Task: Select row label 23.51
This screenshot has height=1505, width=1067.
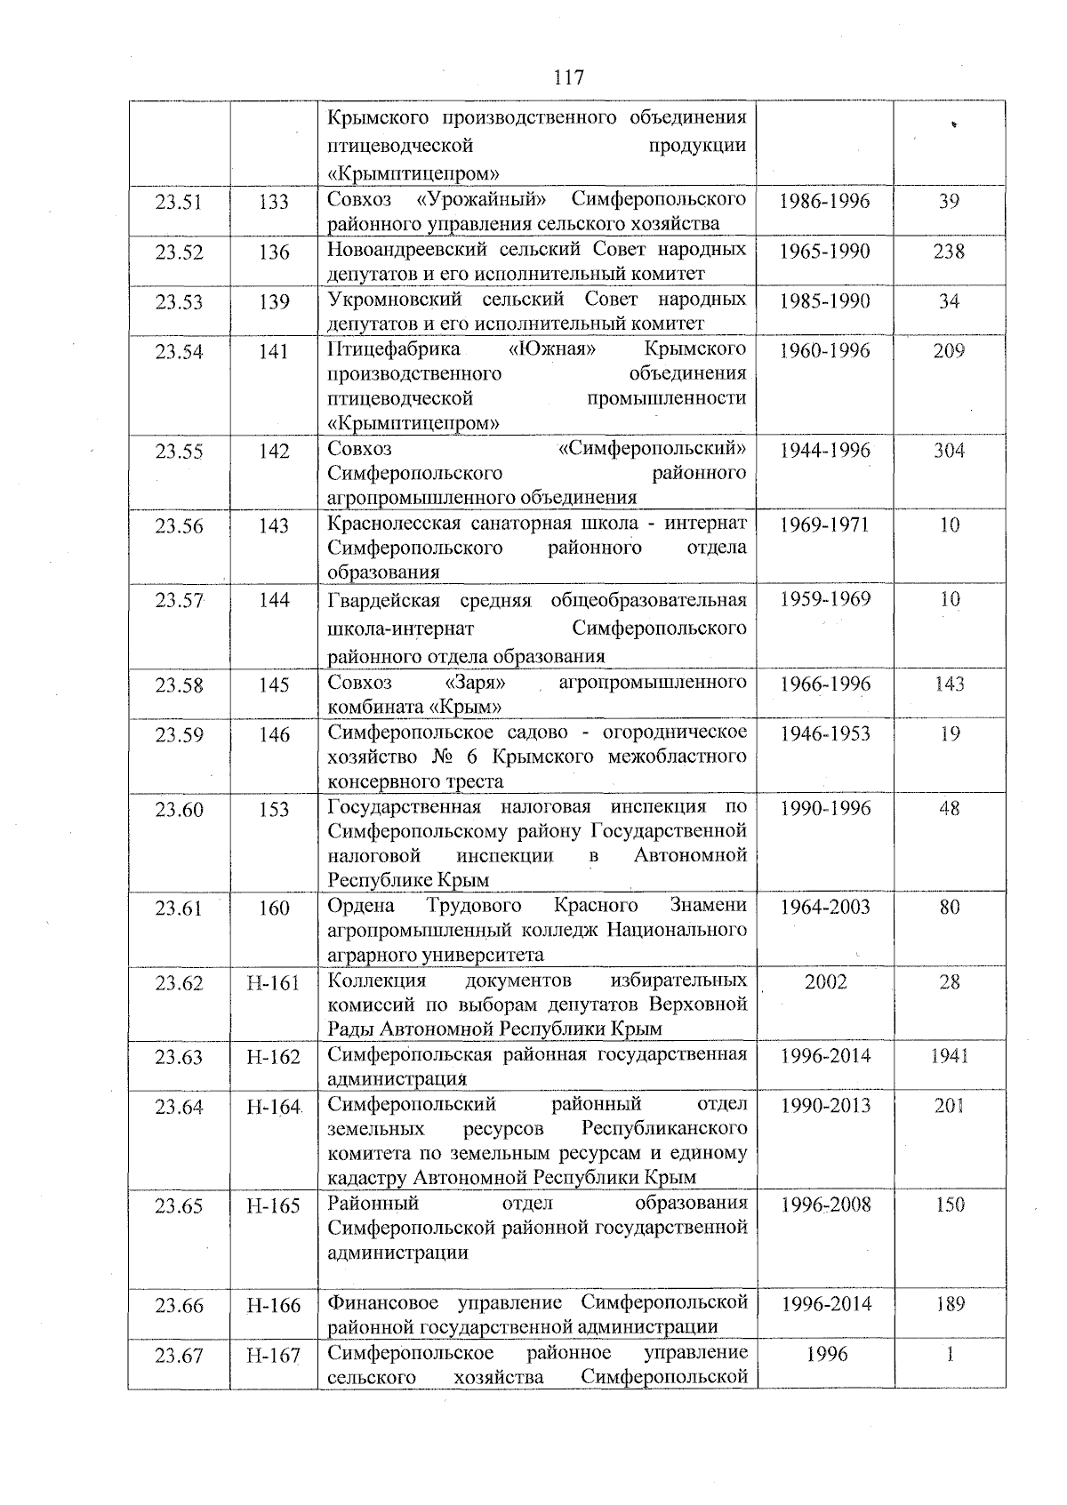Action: (179, 202)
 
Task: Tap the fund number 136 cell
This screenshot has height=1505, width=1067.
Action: (274, 252)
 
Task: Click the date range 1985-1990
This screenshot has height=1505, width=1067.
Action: (824, 300)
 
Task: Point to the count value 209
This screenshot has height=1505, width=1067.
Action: (949, 350)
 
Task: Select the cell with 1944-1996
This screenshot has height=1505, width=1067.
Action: (824, 450)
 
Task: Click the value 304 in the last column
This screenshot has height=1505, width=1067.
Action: (949, 450)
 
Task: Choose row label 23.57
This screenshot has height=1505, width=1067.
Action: (179, 600)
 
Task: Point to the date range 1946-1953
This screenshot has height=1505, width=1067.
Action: (824, 733)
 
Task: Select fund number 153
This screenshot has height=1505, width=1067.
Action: (274, 809)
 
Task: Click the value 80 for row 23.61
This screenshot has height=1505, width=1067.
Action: (949, 908)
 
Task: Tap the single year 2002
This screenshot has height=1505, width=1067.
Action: (825, 981)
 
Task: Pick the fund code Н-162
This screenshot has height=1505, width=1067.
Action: (274, 1057)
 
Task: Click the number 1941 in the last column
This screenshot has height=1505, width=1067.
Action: (949, 1056)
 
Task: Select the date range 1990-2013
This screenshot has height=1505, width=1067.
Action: (824, 1106)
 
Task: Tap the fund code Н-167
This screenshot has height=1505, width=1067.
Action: (274, 1356)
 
